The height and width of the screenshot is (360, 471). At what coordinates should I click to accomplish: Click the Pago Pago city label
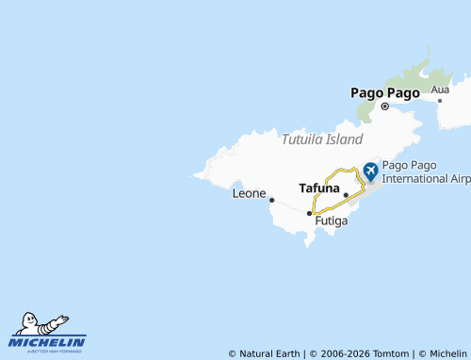coord(384,92)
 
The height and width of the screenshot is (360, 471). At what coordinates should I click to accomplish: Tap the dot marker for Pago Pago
coord(385,106)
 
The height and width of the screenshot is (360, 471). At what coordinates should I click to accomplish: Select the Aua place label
coord(440,90)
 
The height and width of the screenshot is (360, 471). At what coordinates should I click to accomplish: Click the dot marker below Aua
coord(439,101)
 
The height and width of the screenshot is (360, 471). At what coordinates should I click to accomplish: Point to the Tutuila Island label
coord(321,139)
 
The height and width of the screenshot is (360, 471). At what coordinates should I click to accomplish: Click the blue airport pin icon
coord(369,171)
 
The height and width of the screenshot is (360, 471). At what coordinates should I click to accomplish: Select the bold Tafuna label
coord(318,188)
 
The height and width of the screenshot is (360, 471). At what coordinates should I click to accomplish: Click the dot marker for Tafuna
coord(346,195)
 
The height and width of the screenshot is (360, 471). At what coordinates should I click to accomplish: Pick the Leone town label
coord(249,193)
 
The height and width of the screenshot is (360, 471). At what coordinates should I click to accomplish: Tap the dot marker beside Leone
coord(271,200)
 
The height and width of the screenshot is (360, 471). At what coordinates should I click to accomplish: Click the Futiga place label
coord(332,221)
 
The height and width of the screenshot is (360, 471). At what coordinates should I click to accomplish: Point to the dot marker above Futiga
coord(309,214)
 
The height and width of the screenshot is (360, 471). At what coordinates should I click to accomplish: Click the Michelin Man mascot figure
coord(42,325)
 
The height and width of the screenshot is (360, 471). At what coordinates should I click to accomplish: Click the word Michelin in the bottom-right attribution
coord(442,353)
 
